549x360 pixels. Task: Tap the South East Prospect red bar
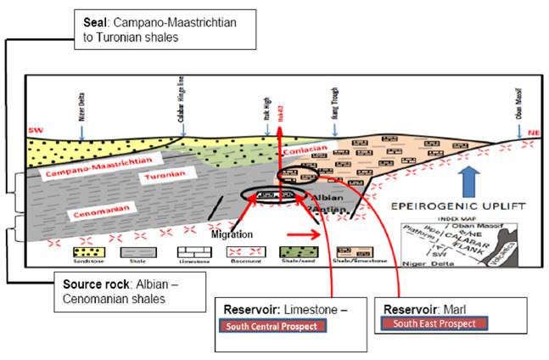pos(433,323)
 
